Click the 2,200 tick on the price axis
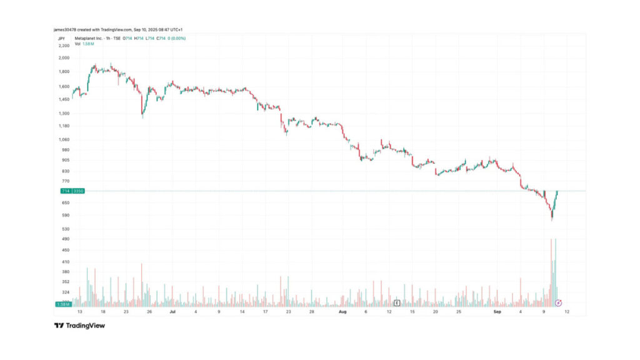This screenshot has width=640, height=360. point(63,46)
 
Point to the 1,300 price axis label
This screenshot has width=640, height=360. point(63,114)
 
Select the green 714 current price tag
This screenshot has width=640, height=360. point(64,191)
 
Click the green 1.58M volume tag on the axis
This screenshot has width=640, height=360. point(62,304)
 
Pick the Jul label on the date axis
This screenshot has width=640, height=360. point(172,311)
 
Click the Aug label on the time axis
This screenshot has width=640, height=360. point(342,311)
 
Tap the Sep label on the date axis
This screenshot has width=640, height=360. point(497,311)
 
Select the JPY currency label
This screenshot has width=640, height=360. point(61,38)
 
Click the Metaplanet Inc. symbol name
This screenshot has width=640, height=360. point(87,38)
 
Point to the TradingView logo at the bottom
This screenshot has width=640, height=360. point(79,326)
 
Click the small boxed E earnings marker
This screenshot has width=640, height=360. point(397,303)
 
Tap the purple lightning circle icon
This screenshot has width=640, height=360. point(559,303)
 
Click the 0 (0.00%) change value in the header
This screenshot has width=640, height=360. point(175,38)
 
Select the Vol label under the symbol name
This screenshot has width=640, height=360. point(77,44)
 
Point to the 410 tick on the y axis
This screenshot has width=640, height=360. point(64,262)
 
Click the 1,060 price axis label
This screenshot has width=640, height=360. point(63,139)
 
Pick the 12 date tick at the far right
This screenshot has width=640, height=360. point(566,311)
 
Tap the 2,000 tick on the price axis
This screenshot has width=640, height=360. point(63,57)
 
